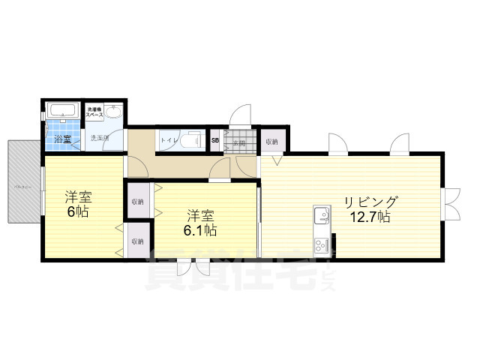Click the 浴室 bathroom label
click(62, 139)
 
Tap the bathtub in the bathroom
click(62, 111)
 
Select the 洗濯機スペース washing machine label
click(94, 112)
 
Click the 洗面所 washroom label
click(100, 138)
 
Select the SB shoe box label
click(215, 140)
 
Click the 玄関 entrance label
click(239, 142)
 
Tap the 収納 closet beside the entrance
click(271, 141)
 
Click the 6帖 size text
click(77, 211)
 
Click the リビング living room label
click(370, 202)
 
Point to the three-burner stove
click(322, 245)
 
